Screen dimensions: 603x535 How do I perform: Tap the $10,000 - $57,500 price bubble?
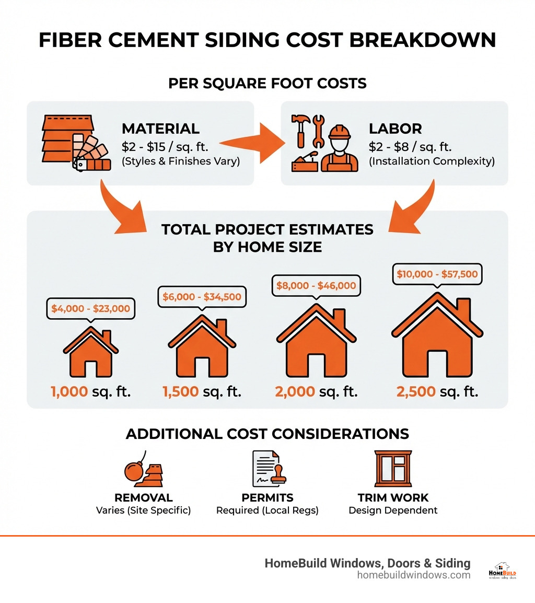click(x=437, y=274)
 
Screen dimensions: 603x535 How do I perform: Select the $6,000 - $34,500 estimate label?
click(x=202, y=297)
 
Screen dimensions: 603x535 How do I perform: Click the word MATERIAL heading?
click(x=160, y=129)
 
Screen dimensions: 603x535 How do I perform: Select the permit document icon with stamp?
click(x=267, y=469)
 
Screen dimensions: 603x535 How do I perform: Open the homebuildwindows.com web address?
click(x=414, y=575)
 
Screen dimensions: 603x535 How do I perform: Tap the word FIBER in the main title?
click(x=73, y=40)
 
